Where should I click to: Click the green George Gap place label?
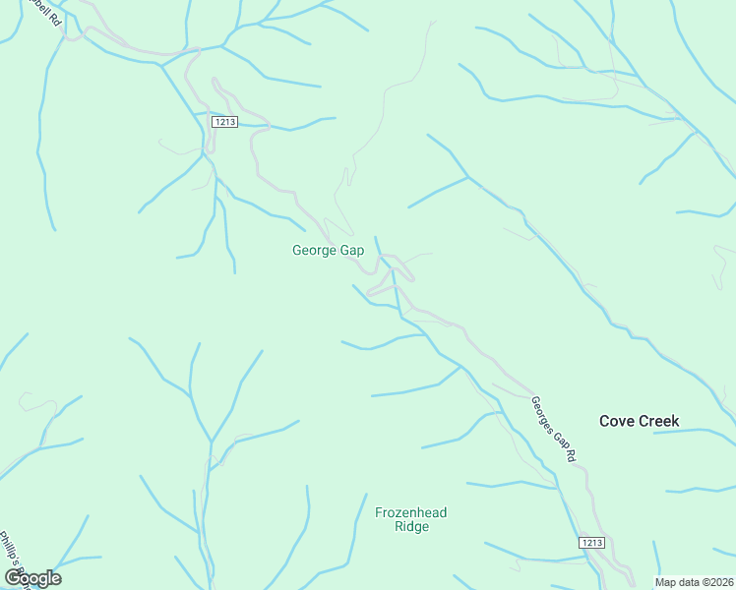coord(328,251)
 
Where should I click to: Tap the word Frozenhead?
coord(410,512)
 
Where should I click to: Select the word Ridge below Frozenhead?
coord(410,526)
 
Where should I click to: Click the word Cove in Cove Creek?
coord(617,421)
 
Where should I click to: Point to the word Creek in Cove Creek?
coord(658,421)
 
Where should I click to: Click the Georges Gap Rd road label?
coord(551,429)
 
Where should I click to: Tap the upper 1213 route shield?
coord(225,121)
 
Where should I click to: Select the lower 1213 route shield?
coord(591,542)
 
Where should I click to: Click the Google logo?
coord(32,577)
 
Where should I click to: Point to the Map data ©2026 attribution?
coord(694,582)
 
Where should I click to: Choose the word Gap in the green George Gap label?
coord(352,251)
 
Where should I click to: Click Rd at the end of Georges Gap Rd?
coord(567,454)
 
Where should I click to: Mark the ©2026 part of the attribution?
coord(713,582)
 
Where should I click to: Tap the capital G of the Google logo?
coord(13,577)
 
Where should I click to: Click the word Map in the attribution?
coord(666,582)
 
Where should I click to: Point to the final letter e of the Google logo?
coord(55,578)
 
